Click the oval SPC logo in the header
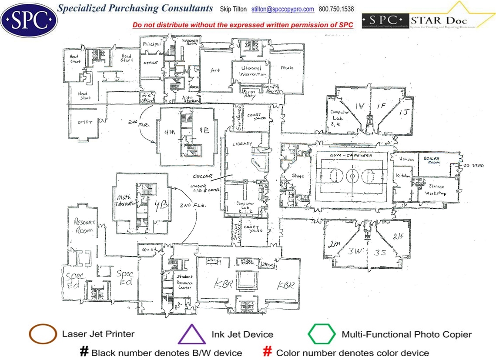click(x=29, y=19)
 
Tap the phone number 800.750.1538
click(x=336, y=9)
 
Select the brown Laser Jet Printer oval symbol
click(x=43, y=334)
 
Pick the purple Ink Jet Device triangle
click(x=192, y=334)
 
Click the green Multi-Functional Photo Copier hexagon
click(x=322, y=334)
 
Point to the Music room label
click(x=287, y=68)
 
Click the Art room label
click(x=215, y=70)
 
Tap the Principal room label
click(x=151, y=44)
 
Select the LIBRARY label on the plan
click(x=242, y=144)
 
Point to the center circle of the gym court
click(x=351, y=177)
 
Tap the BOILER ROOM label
click(x=432, y=160)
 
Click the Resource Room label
click(x=84, y=226)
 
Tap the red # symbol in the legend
click(x=268, y=352)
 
